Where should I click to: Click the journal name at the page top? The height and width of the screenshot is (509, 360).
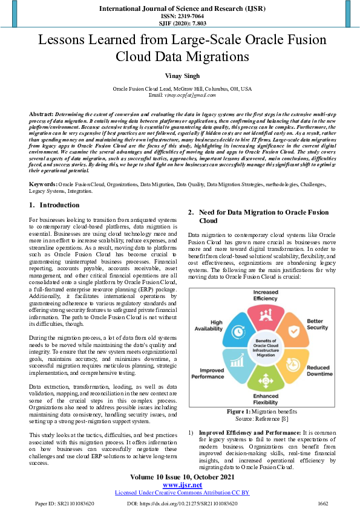(180, 10)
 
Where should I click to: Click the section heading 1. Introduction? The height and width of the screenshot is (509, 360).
(55, 205)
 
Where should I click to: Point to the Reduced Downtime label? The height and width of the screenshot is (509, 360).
(318, 370)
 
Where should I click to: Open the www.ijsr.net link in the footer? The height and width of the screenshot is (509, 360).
(180, 485)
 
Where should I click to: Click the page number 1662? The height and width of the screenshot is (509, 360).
(322, 503)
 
